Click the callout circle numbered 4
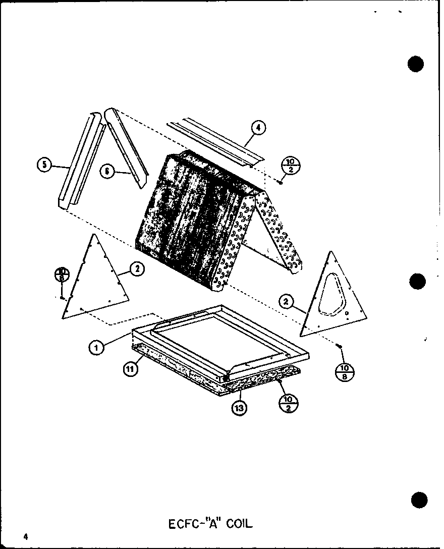point(258,128)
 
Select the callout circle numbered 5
point(44,164)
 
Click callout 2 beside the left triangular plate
point(136,269)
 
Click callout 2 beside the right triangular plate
point(286,302)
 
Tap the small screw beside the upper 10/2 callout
point(280,181)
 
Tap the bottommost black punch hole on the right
point(420,501)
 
